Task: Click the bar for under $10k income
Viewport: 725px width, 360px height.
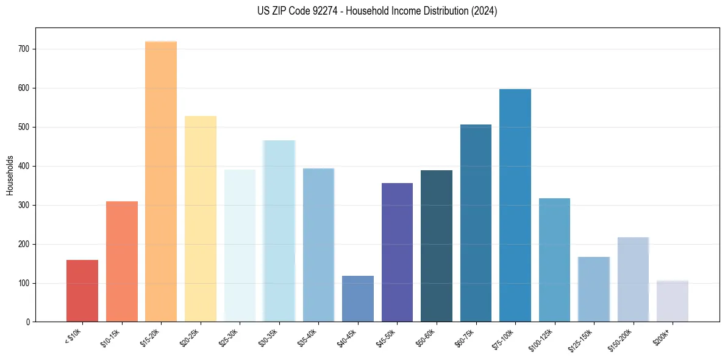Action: point(82,291)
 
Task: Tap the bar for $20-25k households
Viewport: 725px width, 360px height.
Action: point(201,219)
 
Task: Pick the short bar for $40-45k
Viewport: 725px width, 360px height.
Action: point(358,299)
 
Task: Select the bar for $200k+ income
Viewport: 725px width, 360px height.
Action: point(673,301)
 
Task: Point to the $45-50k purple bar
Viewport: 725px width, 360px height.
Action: point(397,253)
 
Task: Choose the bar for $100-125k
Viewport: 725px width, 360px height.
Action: point(554,260)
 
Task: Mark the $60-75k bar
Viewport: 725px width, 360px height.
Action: point(476,223)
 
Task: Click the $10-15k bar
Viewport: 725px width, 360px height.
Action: point(122,262)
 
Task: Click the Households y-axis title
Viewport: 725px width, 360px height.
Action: point(10,175)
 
